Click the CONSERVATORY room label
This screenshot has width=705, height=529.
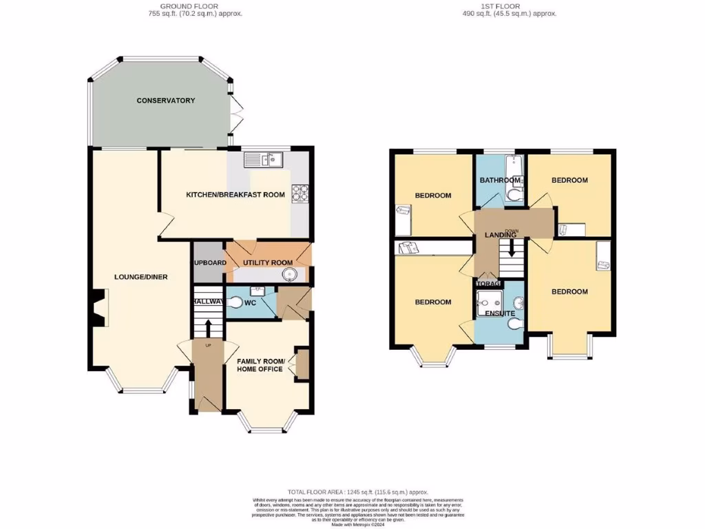(x=165, y=101)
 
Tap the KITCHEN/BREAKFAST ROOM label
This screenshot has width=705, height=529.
(x=235, y=195)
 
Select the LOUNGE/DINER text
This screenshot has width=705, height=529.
(x=140, y=277)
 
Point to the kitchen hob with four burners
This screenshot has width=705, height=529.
(x=301, y=194)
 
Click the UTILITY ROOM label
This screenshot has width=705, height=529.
(x=267, y=262)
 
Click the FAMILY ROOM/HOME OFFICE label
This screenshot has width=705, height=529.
(x=260, y=365)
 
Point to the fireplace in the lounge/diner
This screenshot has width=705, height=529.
(x=98, y=307)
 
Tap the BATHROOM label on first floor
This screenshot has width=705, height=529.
(x=500, y=180)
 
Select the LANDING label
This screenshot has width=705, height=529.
(x=501, y=235)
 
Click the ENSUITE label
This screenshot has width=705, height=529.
(x=499, y=313)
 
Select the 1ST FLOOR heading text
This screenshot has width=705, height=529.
(x=500, y=6)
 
